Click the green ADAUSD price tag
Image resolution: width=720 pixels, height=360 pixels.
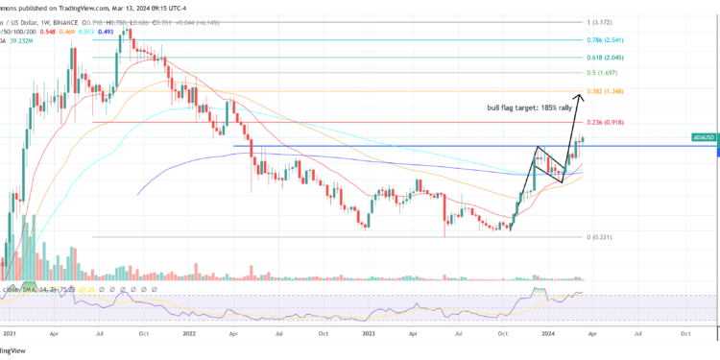tap(705, 138)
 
